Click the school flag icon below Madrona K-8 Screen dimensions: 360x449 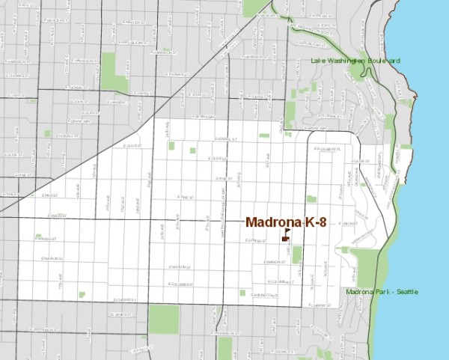[x=285, y=236]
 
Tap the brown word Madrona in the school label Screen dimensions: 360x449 [x=273, y=222]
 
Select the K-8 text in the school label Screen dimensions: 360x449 [x=314, y=222]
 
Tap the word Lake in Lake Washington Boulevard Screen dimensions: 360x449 [x=317, y=62]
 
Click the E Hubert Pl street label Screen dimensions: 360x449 [x=327, y=149]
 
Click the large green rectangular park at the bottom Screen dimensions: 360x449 [x=164, y=319]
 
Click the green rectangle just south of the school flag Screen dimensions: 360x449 [x=296, y=254]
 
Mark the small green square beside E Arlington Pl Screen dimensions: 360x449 [x=242, y=293]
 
